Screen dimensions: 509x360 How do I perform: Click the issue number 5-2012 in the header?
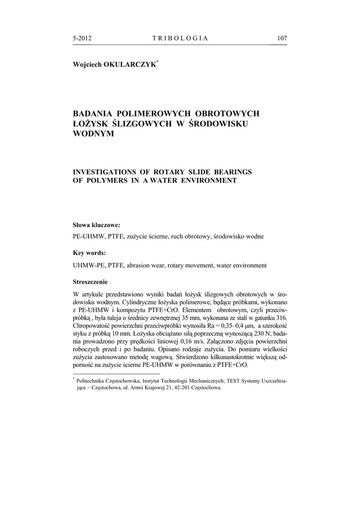83,38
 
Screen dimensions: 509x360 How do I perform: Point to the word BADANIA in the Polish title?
92,114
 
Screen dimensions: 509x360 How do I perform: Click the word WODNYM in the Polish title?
93,134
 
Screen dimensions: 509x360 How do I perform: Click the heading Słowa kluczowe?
96,225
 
